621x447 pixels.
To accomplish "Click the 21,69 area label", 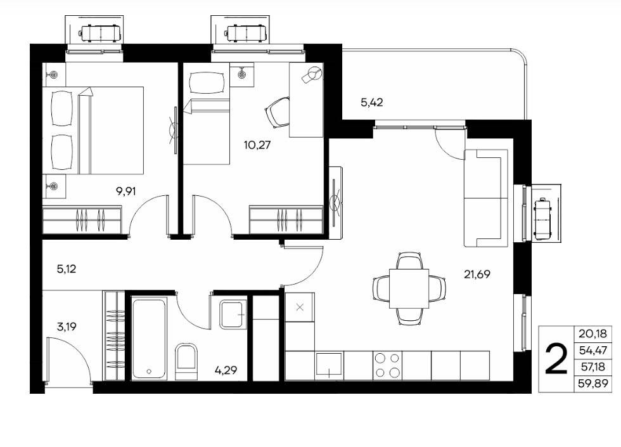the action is tap(477, 274).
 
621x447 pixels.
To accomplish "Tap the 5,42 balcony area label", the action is tap(371, 102).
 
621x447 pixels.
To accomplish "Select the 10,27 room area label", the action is tap(257, 145).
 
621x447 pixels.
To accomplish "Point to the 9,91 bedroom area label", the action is tap(125, 191).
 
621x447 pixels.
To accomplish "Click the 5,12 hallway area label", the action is tap(66, 269).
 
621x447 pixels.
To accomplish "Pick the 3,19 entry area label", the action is tap(66, 327).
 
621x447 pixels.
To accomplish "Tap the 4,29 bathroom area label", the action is tap(226, 370).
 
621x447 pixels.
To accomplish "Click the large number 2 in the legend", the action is tap(556, 359).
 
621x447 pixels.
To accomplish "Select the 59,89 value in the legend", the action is tap(592, 384).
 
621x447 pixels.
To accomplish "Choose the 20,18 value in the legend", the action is tap(592, 334).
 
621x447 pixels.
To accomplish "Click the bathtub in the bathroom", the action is tap(148, 339).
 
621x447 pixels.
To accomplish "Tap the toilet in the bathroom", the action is tap(186, 361).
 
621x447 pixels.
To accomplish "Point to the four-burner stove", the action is tap(387, 365).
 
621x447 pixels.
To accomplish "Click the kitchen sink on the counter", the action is tap(329, 365).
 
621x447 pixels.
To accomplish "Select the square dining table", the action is tap(409, 288).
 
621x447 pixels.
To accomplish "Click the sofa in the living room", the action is tap(486, 198).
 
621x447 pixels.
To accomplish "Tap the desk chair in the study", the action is tap(276, 113).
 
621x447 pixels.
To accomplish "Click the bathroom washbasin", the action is tap(233, 314).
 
